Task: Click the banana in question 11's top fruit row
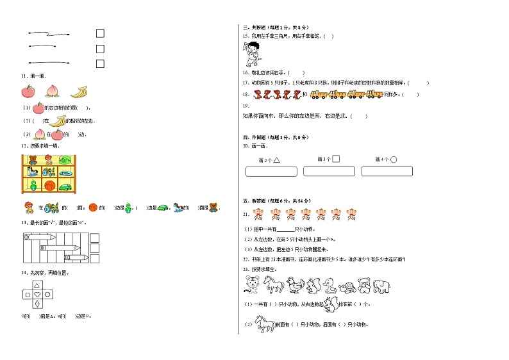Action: click(79, 92)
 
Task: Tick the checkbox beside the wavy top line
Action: click(100, 34)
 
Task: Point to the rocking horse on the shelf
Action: click(31, 172)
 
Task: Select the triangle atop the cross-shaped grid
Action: click(38, 286)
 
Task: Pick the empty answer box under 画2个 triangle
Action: click(271, 172)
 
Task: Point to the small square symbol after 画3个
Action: click(336, 159)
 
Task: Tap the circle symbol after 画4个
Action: click(394, 160)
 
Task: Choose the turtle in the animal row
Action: click(347, 286)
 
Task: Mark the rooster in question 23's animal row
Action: click(294, 284)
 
